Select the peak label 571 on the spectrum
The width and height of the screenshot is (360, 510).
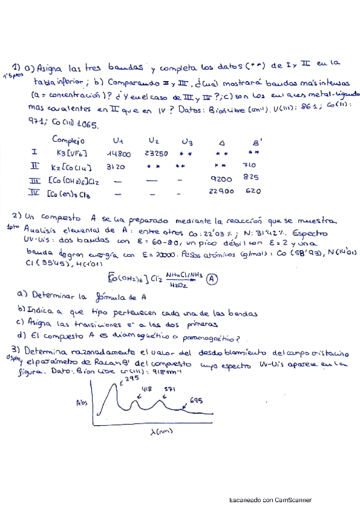169,390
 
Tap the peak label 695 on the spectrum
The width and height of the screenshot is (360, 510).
196,401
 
